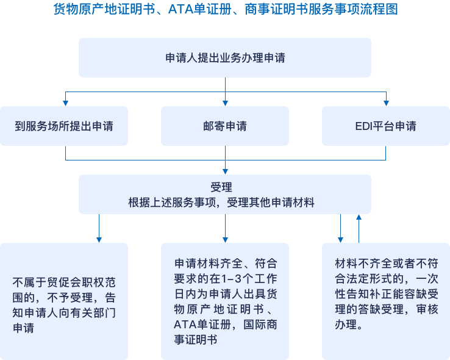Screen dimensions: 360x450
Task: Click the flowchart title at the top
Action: (225, 10)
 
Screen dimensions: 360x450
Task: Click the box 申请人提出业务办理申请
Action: (225, 58)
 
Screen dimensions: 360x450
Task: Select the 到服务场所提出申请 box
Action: (64, 126)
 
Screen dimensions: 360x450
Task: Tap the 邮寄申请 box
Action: (225, 126)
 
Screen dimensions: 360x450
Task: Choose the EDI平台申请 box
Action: (385, 126)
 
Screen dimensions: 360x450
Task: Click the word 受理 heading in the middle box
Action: (225, 187)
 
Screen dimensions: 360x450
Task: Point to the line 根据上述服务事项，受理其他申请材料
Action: (225, 203)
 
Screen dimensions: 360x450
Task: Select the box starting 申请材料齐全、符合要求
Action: (225, 301)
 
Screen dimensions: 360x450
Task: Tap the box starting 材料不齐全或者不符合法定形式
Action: (385, 301)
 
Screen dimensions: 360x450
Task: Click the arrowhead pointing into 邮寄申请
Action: (225, 103)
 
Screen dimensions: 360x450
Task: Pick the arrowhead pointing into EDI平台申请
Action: (385, 103)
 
